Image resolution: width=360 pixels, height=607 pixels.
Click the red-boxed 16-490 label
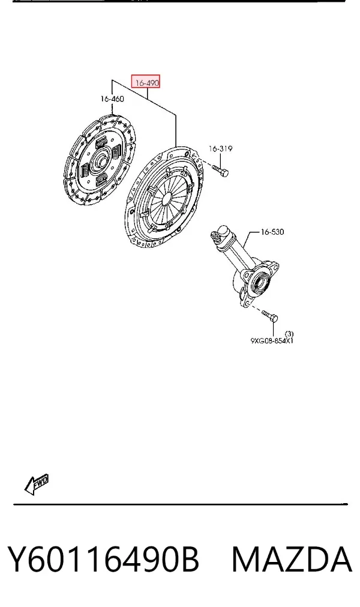pyautogui.click(x=146, y=82)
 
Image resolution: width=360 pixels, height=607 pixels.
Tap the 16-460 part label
pyautogui.click(x=112, y=98)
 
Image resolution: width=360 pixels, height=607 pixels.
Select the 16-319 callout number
pyautogui.click(x=220, y=149)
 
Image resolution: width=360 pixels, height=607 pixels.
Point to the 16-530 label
pyautogui.click(x=272, y=232)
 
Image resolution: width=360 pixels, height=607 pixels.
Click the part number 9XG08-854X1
pyautogui.click(x=272, y=341)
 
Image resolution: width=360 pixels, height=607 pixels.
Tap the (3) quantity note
pyautogui.click(x=289, y=334)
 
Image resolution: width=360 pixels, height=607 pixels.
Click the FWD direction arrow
pyautogui.click(x=37, y=483)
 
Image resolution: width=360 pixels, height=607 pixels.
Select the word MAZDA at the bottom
pyautogui.click(x=292, y=559)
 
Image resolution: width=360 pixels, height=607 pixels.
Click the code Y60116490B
pyautogui.click(x=103, y=559)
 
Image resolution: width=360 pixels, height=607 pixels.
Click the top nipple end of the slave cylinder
pyautogui.click(x=214, y=235)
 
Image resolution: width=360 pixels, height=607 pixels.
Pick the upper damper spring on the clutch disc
pyautogui.click(x=101, y=142)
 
